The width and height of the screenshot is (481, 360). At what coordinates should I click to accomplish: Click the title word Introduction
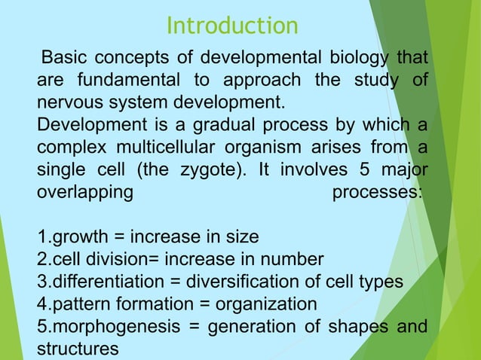point(232,26)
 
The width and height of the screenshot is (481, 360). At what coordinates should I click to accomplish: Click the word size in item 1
point(241,237)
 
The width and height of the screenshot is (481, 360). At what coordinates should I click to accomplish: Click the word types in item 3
point(382,282)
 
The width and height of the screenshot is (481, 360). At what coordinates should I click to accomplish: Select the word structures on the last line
point(78,349)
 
